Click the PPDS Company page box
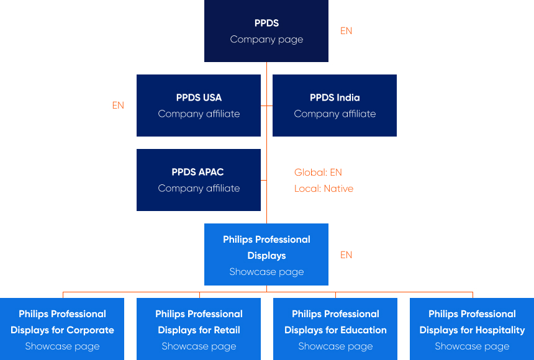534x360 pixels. pyautogui.click(x=266, y=31)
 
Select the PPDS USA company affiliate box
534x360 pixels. pyautogui.click(x=199, y=106)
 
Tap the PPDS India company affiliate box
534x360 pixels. pyautogui.click(x=335, y=106)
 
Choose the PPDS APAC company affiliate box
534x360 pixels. pyautogui.click(x=199, y=180)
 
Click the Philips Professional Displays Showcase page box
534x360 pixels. pyautogui.click(x=266, y=254)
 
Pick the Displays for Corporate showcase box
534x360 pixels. pyautogui.click(x=62, y=329)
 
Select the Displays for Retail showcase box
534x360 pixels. pyautogui.click(x=199, y=329)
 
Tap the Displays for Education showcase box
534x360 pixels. pyautogui.click(x=335, y=329)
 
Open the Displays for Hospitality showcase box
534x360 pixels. pyautogui.click(x=472, y=329)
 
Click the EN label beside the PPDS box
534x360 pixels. pyautogui.click(x=346, y=31)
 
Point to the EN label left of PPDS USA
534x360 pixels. pyautogui.click(x=118, y=106)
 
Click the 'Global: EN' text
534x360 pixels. pyautogui.click(x=318, y=173)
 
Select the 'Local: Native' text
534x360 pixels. pyautogui.click(x=324, y=189)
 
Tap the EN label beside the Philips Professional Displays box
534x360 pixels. pyautogui.click(x=346, y=255)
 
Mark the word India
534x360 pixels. pyautogui.click(x=348, y=97)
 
